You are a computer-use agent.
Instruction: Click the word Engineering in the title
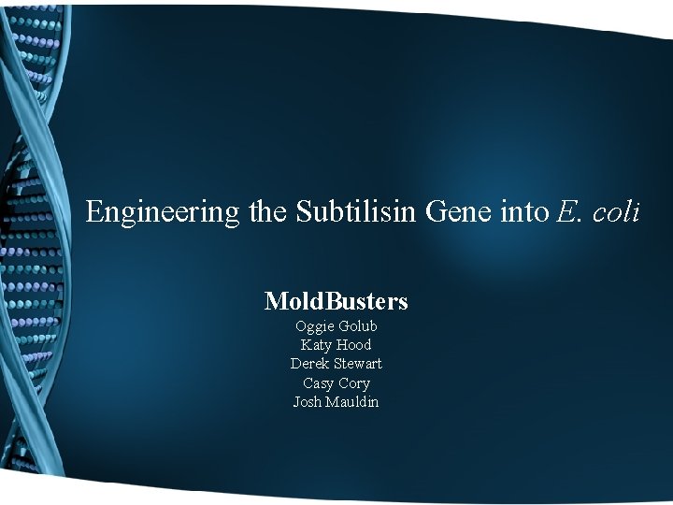pos(163,212)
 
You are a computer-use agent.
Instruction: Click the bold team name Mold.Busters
pos(336,301)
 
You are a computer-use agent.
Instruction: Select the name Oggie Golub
pos(336,326)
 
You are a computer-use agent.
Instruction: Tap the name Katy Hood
pos(336,345)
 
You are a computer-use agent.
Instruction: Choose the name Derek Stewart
pos(336,364)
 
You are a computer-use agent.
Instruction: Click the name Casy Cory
pos(336,383)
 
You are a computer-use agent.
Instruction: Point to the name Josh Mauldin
pos(336,402)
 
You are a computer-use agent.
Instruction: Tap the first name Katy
pos(318,345)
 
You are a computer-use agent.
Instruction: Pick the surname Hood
pos(355,345)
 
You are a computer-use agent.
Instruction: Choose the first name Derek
pos(308,364)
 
